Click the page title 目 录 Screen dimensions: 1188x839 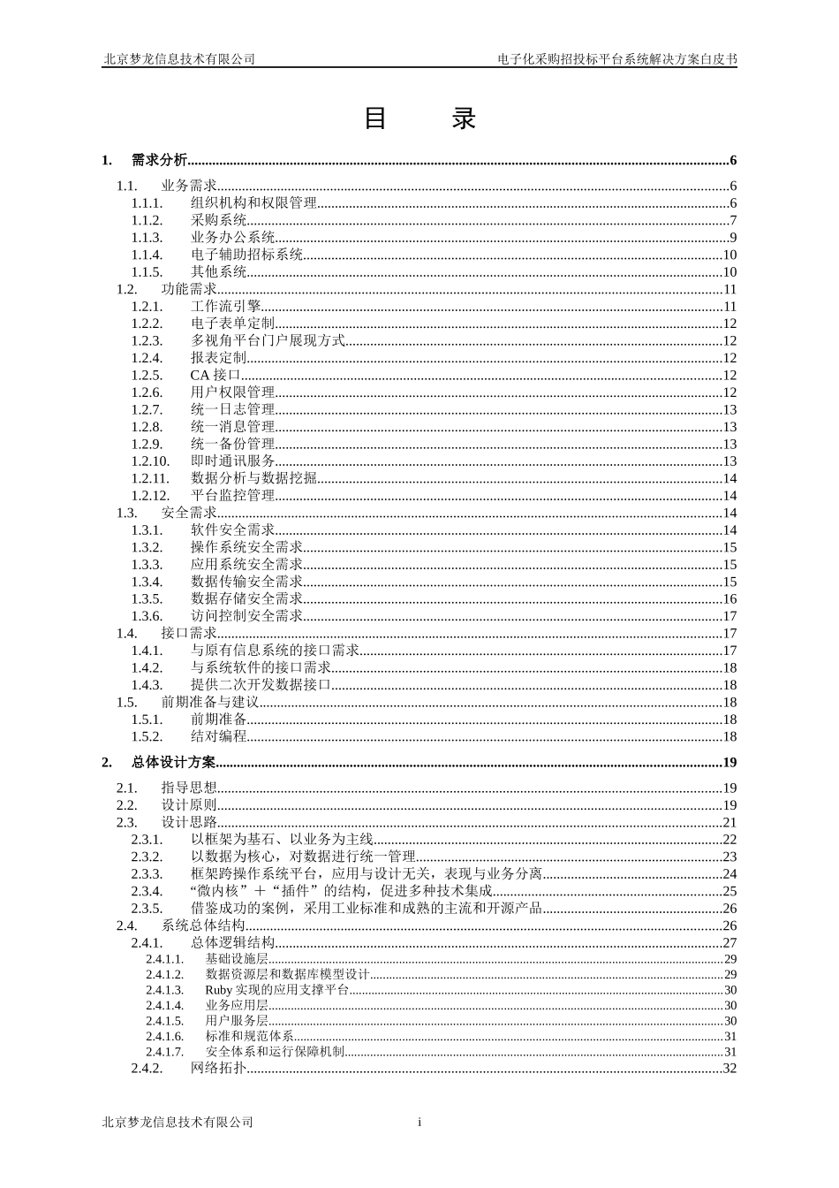click(x=419, y=118)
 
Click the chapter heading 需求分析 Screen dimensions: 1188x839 click(x=159, y=160)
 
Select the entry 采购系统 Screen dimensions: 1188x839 click(x=219, y=220)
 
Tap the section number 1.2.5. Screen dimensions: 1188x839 click(x=147, y=375)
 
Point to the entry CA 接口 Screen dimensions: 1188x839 click(x=215, y=375)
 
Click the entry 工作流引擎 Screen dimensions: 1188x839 click(x=226, y=306)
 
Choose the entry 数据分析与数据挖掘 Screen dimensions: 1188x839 click(x=253, y=478)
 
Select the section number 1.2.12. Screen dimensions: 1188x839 click(x=150, y=496)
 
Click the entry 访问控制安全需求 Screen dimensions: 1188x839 click(x=246, y=616)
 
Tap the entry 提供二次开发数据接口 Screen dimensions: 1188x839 click(x=261, y=685)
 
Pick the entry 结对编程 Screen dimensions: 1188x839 click(x=219, y=736)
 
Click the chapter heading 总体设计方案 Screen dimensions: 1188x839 click(x=173, y=763)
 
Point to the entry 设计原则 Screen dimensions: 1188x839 click(x=189, y=805)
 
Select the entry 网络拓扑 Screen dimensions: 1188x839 click(x=219, y=1068)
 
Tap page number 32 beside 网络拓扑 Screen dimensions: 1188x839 click(x=729, y=1068)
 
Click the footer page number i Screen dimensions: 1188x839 click(x=419, y=1123)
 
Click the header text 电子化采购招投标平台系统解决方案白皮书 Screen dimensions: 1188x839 click(x=617, y=59)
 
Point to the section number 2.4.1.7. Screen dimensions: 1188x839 click(x=165, y=1052)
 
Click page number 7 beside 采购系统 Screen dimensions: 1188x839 click(x=733, y=220)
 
